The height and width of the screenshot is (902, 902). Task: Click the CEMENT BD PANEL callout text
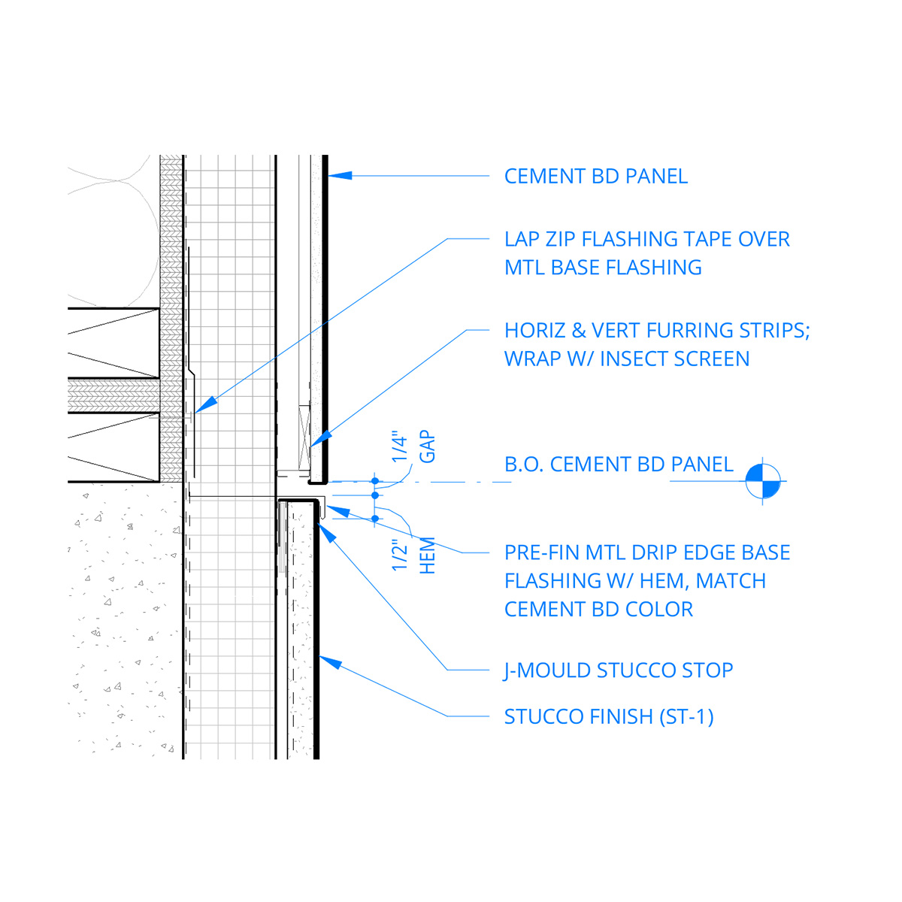595,177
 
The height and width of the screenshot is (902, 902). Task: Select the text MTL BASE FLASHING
603,268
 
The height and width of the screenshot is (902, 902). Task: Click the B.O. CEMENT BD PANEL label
619,465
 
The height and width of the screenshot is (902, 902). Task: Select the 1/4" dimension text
400,448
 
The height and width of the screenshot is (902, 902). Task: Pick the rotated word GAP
427,446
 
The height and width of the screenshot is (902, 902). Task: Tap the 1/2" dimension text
400,555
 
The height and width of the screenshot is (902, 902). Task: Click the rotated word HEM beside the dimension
427,555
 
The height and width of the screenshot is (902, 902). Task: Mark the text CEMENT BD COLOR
598,610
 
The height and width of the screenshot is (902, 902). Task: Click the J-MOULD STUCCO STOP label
618,670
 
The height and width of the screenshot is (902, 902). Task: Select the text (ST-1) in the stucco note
686,717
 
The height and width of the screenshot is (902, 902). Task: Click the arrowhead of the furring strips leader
320,439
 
